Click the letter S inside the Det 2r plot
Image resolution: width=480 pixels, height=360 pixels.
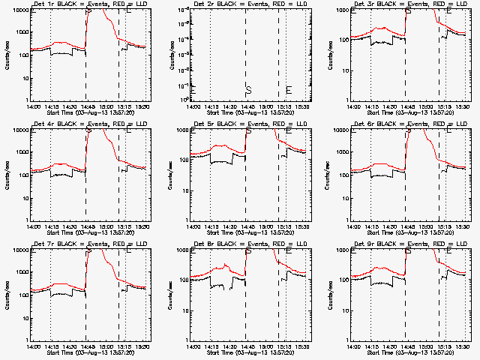click(x=247, y=90)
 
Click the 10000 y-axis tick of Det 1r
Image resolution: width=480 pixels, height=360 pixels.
click(x=18, y=10)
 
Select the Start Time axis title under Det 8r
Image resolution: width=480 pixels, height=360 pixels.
click(x=248, y=352)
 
